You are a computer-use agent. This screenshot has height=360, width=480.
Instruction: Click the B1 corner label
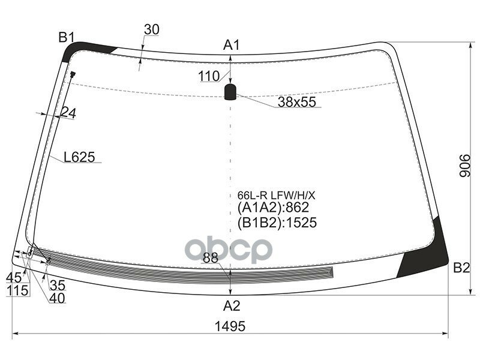click(67, 38)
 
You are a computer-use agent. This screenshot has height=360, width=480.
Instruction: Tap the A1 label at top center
click(232, 45)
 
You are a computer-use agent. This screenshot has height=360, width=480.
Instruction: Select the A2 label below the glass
click(232, 305)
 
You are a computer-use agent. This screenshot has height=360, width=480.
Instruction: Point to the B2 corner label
click(461, 268)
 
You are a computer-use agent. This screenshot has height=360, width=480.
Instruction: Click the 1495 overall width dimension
click(230, 326)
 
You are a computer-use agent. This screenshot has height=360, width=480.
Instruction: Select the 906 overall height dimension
click(464, 166)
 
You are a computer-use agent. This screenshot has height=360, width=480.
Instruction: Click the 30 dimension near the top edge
click(152, 29)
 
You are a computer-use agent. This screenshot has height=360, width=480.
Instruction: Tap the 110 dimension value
click(209, 76)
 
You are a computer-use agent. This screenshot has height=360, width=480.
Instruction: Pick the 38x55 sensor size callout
click(296, 102)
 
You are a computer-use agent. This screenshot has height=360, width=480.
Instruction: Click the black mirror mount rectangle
click(230, 92)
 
